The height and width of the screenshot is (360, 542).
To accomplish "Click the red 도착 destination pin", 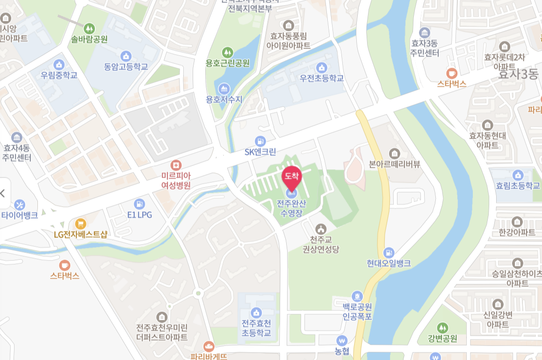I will tap(291, 177).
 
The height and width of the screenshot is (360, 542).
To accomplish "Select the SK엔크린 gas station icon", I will tap(260, 141).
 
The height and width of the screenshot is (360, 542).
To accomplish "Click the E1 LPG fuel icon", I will tap(139, 204).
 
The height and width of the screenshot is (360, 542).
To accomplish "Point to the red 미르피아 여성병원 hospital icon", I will tap(176, 165).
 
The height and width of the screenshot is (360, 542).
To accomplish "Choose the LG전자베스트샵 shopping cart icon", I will tap(80, 223).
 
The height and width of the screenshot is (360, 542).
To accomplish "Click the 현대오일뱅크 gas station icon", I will tap(389, 252).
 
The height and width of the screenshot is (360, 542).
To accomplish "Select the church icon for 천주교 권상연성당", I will tap(320, 229).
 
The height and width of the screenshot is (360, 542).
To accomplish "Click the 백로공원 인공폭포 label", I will tap(357, 312).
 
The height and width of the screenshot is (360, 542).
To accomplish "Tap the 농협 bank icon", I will tap(342, 340).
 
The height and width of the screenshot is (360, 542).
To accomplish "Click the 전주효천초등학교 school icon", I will tap(256, 312).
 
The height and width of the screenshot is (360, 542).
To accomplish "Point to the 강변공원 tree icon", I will tap(442, 328).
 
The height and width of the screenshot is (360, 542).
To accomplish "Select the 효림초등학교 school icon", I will tap(517, 175).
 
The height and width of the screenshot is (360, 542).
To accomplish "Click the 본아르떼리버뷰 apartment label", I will tap(394, 164).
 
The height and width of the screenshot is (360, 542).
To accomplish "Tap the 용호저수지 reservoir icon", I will tap(224, 88).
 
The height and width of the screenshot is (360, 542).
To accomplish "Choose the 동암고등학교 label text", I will tap(126, 67).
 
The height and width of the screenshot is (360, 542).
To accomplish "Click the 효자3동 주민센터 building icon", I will tap(425, 32).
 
